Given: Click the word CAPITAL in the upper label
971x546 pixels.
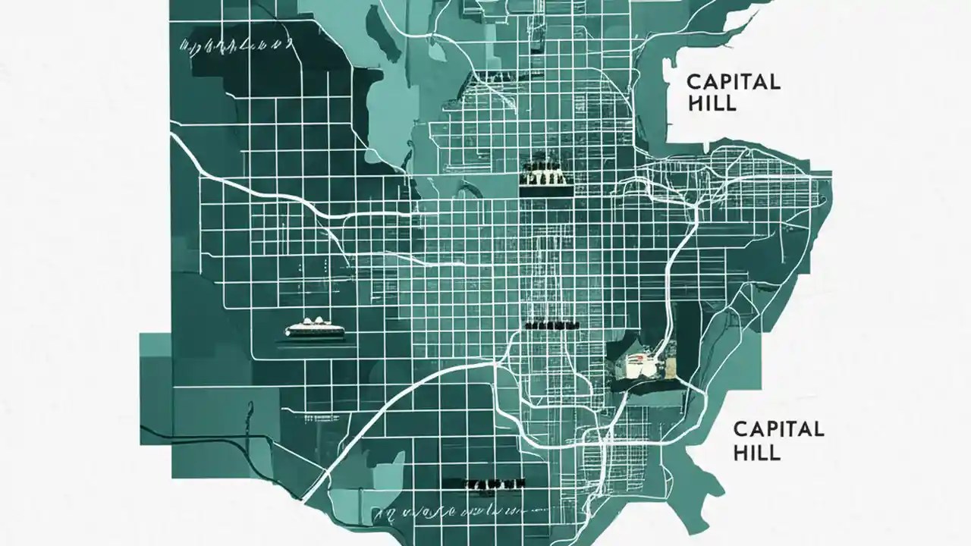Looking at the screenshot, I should [733, 82].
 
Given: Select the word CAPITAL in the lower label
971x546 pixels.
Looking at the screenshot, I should [778, 429].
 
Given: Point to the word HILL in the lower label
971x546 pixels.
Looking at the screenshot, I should [756, 453].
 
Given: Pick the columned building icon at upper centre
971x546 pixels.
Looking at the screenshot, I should [544, 174].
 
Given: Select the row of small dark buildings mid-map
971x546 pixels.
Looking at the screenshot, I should [551, 325].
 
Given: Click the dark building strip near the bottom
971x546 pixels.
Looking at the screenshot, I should [482, 482].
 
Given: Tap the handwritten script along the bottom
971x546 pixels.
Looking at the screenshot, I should [440, 513].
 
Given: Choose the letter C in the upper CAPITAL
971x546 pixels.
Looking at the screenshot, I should [693, 82].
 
